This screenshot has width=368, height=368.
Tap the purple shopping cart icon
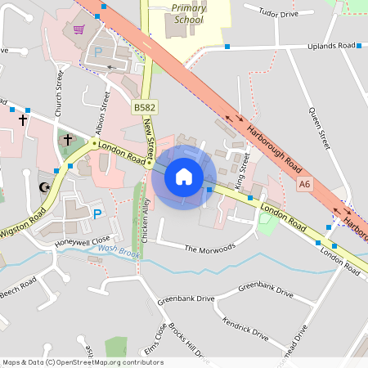[79, 29]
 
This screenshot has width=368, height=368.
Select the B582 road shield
[145, 107]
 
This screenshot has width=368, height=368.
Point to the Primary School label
[189, 13]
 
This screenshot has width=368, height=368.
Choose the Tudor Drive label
[279, 14]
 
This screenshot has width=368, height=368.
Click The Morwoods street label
[209, 247]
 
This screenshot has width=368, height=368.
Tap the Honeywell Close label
[82, 242]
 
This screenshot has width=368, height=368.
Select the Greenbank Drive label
[265, 288]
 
